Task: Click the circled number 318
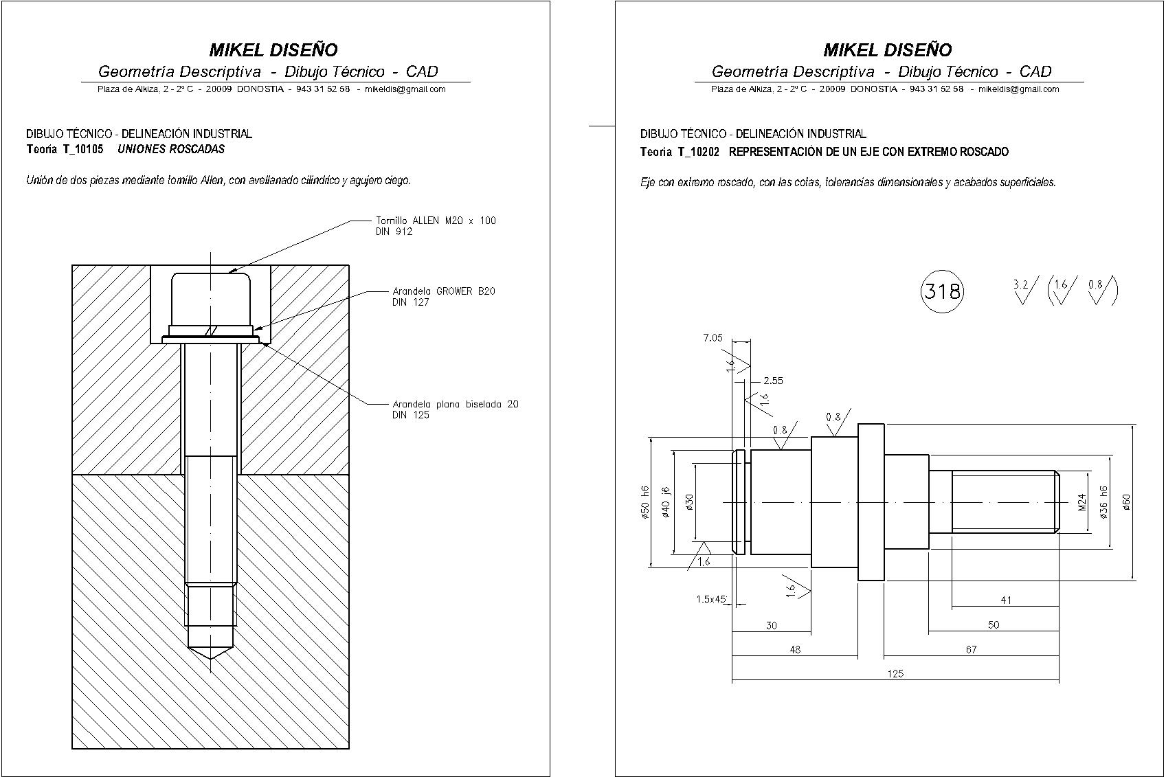click(x=941, y=291)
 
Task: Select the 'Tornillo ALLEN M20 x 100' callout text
click(x=436, y=221)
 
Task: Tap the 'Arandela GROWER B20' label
click(x=443, y=291)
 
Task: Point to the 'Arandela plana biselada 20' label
click(x=455, y=404)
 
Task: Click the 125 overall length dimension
click(x=895, y=673)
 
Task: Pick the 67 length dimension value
click(x=970, y=649)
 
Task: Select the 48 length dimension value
click(x=794, y=649)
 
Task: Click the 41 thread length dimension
click(x=1006, y=600)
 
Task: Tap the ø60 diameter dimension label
click(x=1126, y=502)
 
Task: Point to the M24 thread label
click(x=1081, y=502)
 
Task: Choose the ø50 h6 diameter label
click(x=644, y=502)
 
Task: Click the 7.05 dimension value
click(x=713, y=337)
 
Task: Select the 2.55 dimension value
click(x=773, y=381)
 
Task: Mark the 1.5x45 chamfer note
click(x=711, y=599)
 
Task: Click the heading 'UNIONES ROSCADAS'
click(x=171, y=149)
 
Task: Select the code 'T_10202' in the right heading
click(x=698, y=152)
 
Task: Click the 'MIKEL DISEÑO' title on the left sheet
click(x=273, y=49)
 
